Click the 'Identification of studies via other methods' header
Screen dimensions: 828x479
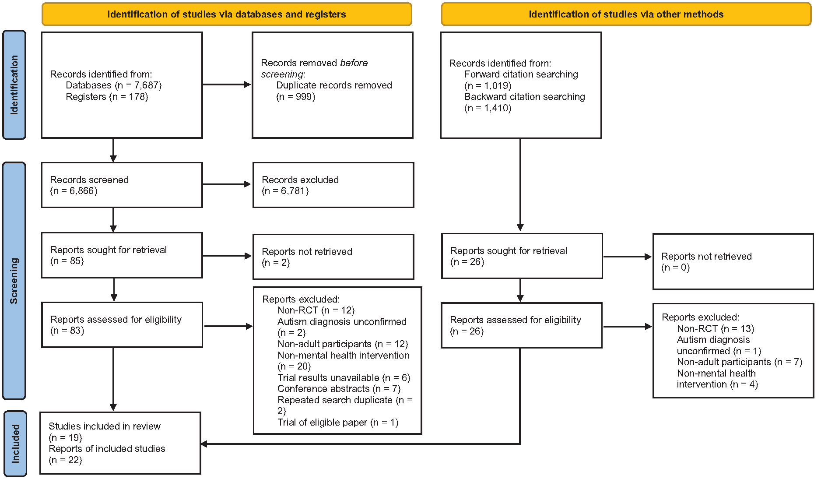coord(626,14)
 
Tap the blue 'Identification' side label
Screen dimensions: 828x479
coord(14,85)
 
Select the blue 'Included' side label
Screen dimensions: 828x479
coord(15,444)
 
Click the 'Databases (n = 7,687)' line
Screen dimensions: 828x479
coord(114,85)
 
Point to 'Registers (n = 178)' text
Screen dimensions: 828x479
coord(107,97)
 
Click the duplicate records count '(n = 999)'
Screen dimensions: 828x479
coord(296,97)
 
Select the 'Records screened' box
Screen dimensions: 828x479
coord(122,185)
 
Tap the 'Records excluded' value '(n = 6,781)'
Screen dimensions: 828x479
coord(285,191)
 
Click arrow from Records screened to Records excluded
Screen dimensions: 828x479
coord(227,184)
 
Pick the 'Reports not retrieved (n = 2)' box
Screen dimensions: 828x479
coord(333,257)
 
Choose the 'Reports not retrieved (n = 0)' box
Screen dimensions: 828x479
coord(733,261)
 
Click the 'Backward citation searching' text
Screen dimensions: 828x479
coord(525,97)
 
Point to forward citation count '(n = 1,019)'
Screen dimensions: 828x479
coord(488,86)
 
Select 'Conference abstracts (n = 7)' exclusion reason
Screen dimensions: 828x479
coord(339,389)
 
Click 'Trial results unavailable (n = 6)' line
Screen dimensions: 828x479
coord(344,378)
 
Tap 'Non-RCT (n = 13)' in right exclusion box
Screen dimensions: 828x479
coord(716,329)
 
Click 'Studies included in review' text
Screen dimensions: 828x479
coord(105,426)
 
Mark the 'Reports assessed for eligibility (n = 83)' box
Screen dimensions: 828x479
coord(122,325)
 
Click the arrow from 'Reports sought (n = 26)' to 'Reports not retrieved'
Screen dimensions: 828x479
coord(628,257)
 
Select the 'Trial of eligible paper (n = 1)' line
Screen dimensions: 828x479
coord(338,423)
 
